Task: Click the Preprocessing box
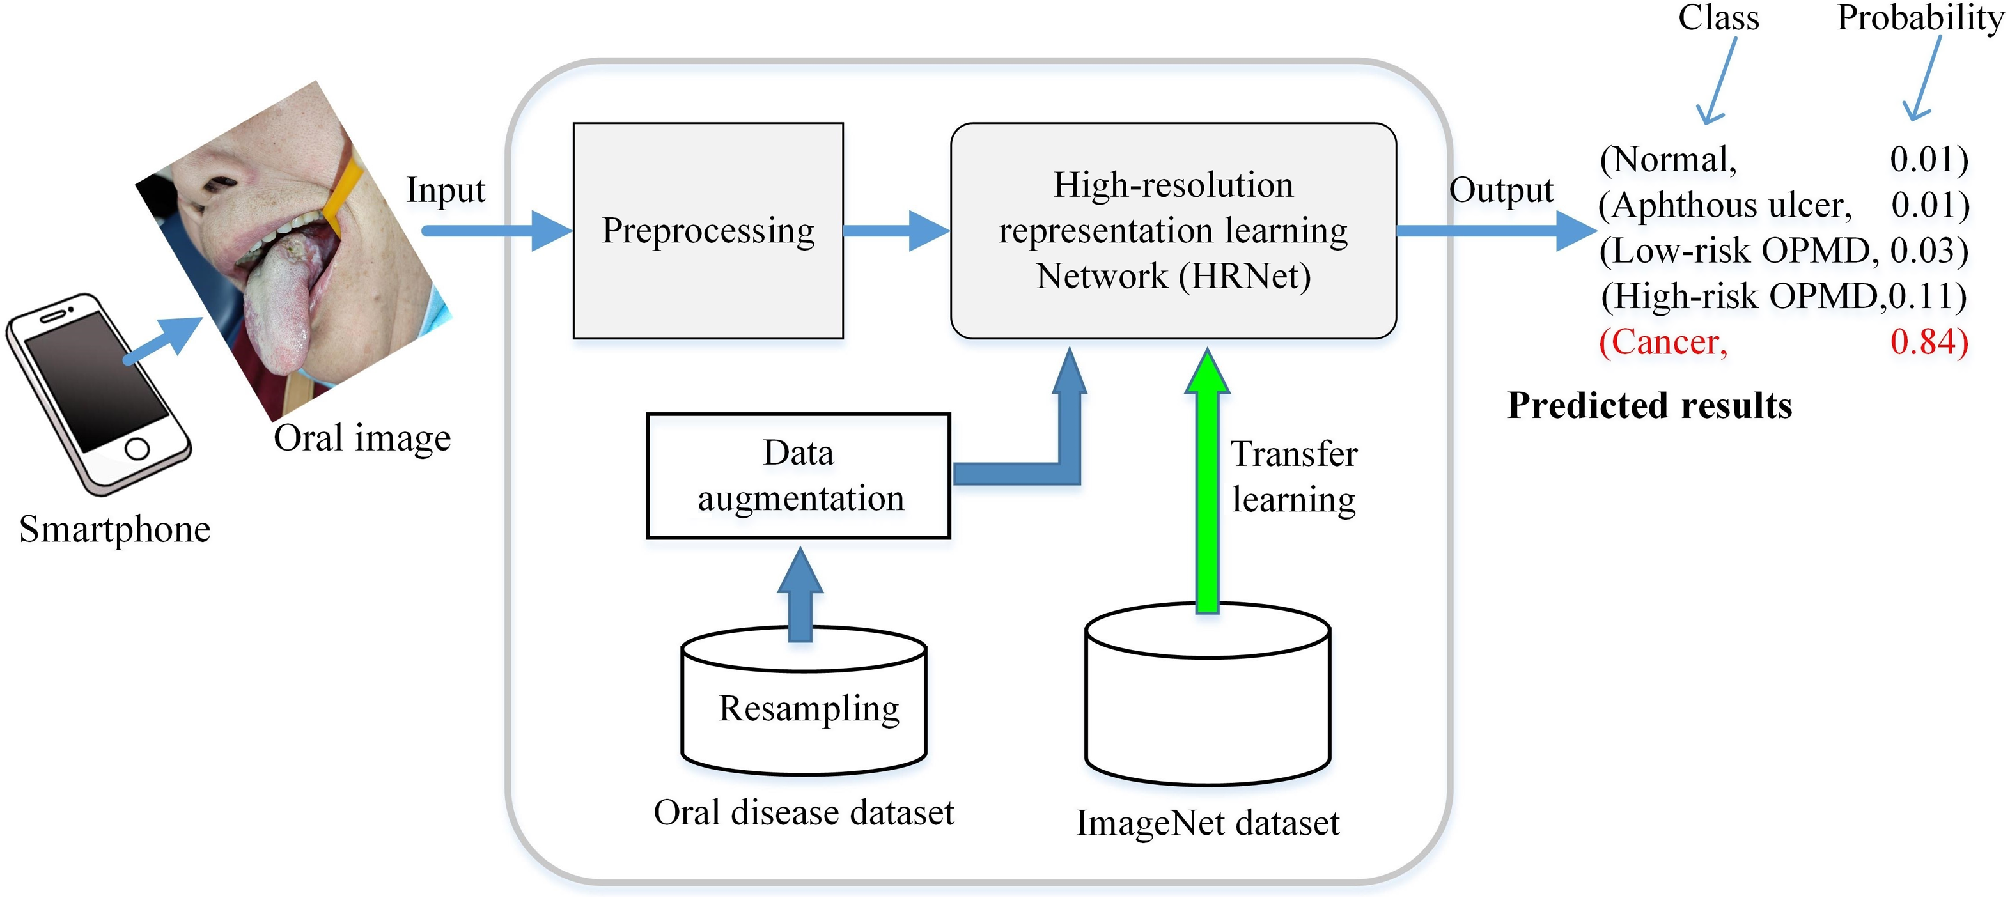[x=708, y=231]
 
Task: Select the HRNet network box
[x=1172, y=231]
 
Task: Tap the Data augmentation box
[x=799, y=476]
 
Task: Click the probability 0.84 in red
[x=1928, y=343]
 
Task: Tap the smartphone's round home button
[x=137, y=449]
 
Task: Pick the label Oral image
[x=362, y=438]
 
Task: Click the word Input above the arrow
[x=446, y=190]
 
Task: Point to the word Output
[x=1500, y=190]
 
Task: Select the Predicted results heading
[x=1649, y=406]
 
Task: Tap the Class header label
[x=1718, y=17]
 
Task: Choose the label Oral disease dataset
[x=804, y=813]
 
